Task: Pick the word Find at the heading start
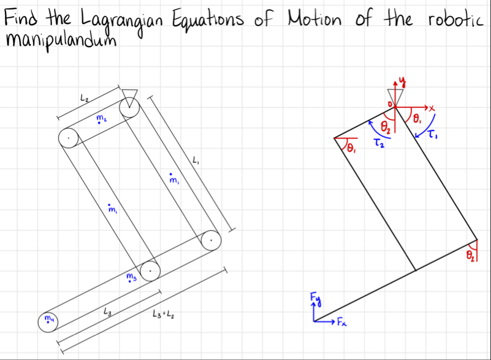pos(20,18)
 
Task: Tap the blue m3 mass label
pos(131,279)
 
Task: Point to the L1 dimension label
pos(196,161)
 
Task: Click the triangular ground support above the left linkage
pos(129,95)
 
